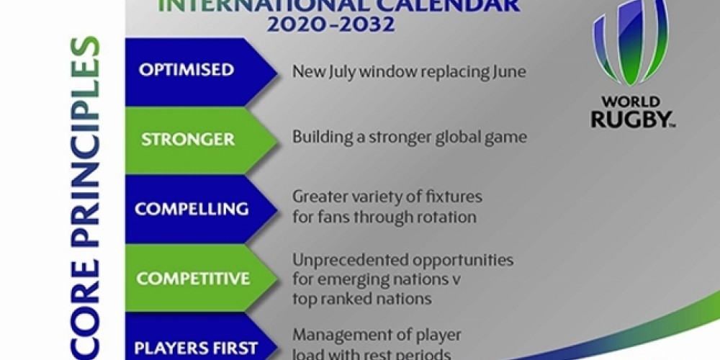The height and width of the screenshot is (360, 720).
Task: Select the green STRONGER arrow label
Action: click(187, 138)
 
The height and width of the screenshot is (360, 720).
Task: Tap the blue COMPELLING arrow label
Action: click(192, 209)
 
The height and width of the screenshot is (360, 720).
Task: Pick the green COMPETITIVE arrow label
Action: click(193, 279)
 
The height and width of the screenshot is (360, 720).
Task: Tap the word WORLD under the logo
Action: click(631, 102)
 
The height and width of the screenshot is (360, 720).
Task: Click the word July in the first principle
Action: click(341, 72)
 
